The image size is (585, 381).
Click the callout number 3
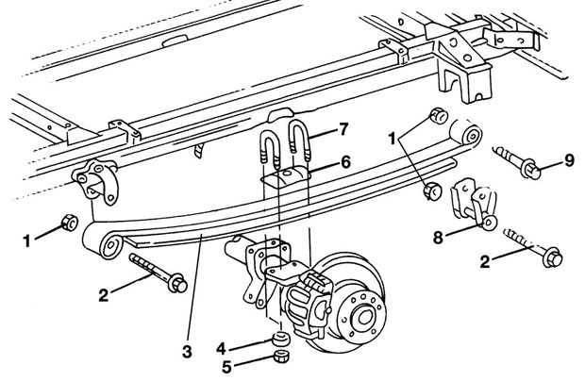click(x=187, y=352)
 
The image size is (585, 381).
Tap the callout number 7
click(x=343, y=130)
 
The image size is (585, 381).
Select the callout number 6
click(x=345, y=162)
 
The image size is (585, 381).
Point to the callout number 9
click(x=569, y=160)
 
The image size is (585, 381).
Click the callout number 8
click(x=438, y=238)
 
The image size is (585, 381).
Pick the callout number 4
click(x=221, y=349)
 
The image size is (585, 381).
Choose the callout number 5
click(x=226, y=367)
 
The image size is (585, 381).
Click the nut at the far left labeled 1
click(x=69, y=223)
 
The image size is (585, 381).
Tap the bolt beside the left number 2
click(x=159, y=273)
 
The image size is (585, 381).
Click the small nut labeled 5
click(x=281, y=356)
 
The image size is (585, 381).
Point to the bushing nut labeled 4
click(x=280, y=339)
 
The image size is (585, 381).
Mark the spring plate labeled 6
click(x=285, y=176)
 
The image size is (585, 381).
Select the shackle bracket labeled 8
click(x=473, y=204)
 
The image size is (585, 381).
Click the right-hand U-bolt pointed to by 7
click(x=299, y=141)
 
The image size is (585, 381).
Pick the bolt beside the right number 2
click(x=533, y=248)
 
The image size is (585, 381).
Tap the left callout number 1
click(x=26, y=241)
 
